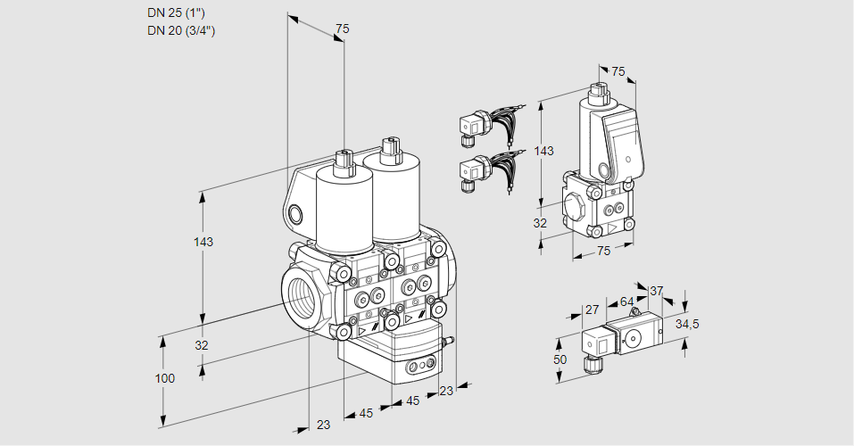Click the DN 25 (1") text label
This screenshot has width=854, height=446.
point(176,12)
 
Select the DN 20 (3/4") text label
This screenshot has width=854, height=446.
point(181,30)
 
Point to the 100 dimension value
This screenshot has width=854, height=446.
point(164,378)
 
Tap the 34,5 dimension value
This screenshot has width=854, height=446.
point(687,324)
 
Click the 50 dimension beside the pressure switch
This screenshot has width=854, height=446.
point(560,359)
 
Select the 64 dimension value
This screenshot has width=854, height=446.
point(627,301)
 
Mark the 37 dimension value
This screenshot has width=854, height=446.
point(657,291)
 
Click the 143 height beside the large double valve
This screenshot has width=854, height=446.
point(204,242)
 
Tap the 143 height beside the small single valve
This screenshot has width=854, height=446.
point(543,151)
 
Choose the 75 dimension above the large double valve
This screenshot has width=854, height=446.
point(342,29)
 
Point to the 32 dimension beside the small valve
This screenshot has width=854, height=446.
point(540,223)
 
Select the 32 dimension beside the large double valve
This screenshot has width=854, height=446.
point(201,345)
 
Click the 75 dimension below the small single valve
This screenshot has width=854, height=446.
point(603,251)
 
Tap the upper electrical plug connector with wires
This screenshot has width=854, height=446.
point(471,126)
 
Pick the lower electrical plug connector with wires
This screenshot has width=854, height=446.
point(471,171)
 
